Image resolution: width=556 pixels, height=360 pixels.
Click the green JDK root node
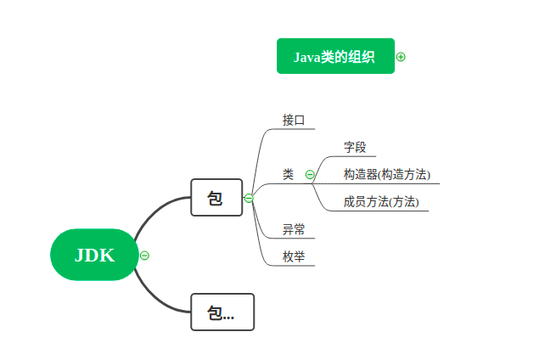(93, 255)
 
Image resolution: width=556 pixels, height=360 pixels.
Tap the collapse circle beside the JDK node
(145, 255)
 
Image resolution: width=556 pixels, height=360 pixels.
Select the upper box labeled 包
(216, 198)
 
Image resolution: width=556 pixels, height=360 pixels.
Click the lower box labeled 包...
(222, 312)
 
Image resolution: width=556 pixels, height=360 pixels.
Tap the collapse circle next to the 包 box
(249, 198)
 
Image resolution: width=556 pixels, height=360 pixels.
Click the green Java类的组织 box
(335, 56)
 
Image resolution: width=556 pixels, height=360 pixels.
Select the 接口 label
(294, 120)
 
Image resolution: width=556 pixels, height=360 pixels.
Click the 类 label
(289, 174)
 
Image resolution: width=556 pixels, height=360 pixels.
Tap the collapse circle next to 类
(310, 175)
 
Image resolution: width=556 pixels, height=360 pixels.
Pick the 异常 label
(294, 229)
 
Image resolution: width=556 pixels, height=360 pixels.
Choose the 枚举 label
(294, 256)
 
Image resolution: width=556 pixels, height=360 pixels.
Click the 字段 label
(355, 147)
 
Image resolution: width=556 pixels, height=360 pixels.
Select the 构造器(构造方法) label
(386, 174)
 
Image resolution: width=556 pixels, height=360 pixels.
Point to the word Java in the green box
(306, 57)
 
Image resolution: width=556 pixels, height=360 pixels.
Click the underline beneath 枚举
(297, 266)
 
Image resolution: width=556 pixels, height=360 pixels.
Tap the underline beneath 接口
(297, 129)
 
